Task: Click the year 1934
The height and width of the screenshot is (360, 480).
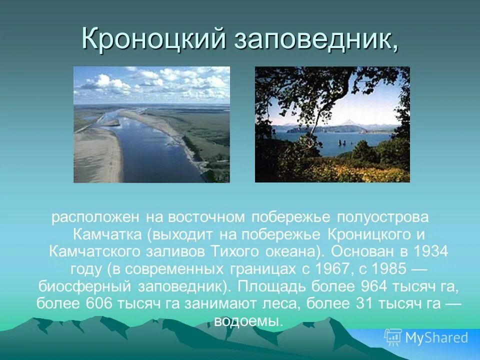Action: click(431, 251)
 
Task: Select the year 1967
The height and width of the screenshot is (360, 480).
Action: click(332, 268)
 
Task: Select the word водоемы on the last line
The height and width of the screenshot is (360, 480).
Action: click(248, 320)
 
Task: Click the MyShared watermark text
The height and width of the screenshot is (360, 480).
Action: click(436, 337)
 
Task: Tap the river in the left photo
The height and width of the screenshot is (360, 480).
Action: click(150, 145)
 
